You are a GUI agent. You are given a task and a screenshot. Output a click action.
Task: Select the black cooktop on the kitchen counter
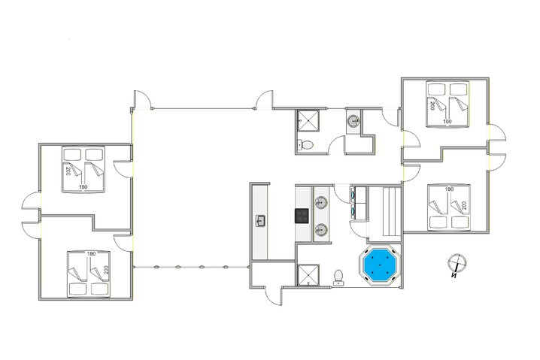point(302,216)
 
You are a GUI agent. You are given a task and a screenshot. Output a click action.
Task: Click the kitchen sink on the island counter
point(261,220)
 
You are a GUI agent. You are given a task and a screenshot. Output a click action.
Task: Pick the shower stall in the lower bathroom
point(308,274)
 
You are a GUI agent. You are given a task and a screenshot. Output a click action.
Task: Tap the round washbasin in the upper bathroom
point(353,120)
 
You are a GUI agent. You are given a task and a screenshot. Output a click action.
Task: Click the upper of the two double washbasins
point(321,201)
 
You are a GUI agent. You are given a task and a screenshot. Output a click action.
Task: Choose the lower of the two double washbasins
point(321,229)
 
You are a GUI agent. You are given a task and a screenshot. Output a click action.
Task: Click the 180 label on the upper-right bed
point(447,121)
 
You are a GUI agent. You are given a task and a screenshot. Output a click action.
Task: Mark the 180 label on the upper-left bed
point(83,186)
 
